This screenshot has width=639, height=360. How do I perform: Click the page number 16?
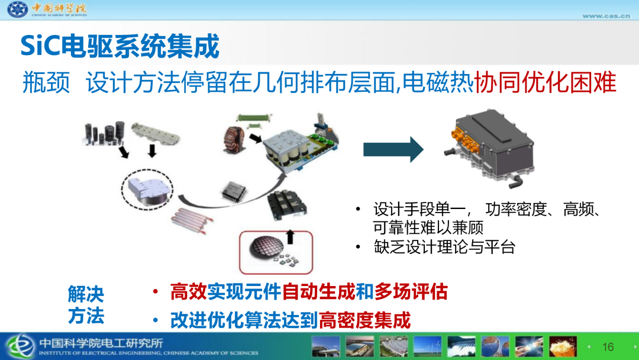pyautogui.click(x=608, y=347)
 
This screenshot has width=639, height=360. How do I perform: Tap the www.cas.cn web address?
pyautogui.click(x=606, y=16)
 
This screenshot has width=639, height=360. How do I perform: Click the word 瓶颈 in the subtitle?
pyautogui.click(x=46, y=82)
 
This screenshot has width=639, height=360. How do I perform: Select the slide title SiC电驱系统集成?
pyautogui.click(x=120, y=46)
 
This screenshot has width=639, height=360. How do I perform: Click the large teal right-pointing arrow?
pyautogui.click(x=393, y=150)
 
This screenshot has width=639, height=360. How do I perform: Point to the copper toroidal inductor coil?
pyautogui.click(x=234, y=140)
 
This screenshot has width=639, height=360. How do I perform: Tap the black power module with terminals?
pyautogui.click(x=286, y=206)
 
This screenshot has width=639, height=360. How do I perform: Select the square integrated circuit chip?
pyautogui.click(x=234, y=191)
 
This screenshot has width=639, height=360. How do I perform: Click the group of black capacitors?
pyautogui.click(x=104, y=133)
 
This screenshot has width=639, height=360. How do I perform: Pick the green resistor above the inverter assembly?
pyautogui.click(x=253, y=118)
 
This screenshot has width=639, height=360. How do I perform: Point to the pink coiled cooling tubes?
pyautogui.click(x=191, y=220)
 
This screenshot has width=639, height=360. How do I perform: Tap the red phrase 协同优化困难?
pyautogui.click(x=546, y=82)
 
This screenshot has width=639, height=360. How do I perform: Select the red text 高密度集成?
pyautogui.click(x=364, y=320)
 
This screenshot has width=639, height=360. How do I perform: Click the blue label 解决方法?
pyautogui.click(x=86, y=305)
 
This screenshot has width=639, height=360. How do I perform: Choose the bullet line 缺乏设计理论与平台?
pyautogui.click(x=444, y=247)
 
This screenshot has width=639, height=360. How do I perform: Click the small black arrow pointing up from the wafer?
pyautogui.click(x=290, y=237)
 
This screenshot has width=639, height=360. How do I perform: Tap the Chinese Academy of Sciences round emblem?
pyautogui.click(x=18, y=9)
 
